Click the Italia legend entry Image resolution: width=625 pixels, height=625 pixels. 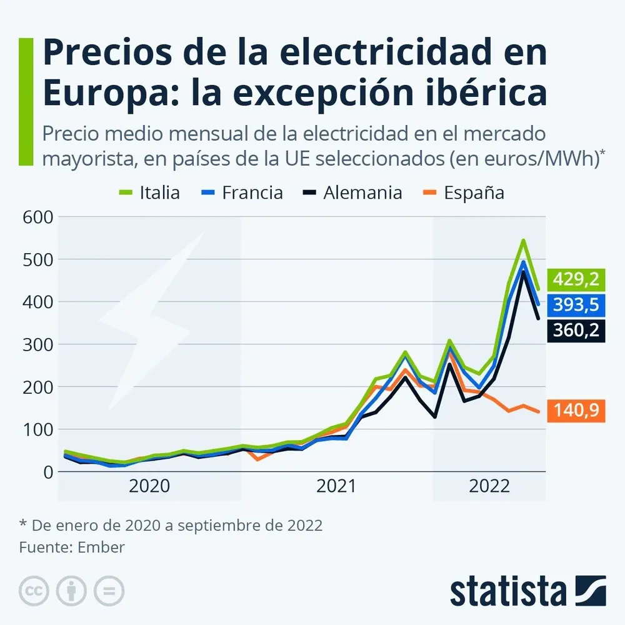pos(150,192)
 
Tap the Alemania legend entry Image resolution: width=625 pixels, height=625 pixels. pos(353,192)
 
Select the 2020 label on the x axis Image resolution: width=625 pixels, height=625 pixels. pos(149,486)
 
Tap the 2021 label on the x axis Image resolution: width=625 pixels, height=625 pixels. pos(337,486)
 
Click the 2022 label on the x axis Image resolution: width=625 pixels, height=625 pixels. pos(488,486)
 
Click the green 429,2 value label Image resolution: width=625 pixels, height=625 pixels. pos(576,279)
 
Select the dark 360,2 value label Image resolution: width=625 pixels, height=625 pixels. pos(576,329)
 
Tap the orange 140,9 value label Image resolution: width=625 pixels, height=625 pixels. pos(576,411)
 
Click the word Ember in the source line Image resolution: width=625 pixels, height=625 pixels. pos(101,547)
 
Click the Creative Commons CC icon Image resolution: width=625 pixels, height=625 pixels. pos(34,591)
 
